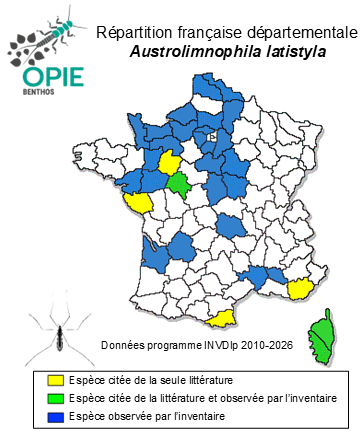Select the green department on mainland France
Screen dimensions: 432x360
coord(180,184)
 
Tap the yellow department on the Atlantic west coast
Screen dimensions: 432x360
coord(138,202)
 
